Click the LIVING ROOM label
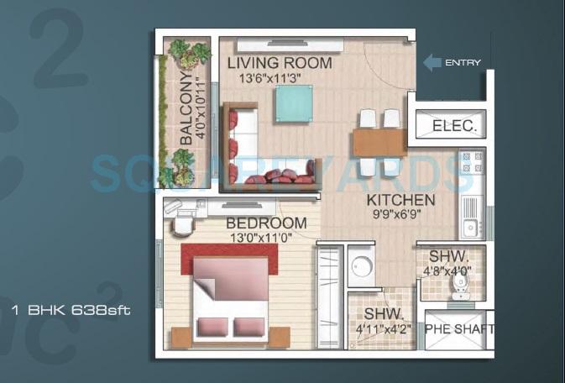coord(280,63)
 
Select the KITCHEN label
coord(400,200)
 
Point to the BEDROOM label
coord(266,223)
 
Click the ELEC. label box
coord(454,127)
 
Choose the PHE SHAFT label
coord(458,329)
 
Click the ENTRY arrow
coord(431,62)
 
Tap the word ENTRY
coord(463,63)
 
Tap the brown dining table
coord(379,142)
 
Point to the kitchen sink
coord(468,225)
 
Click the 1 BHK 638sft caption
coord(71,309)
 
